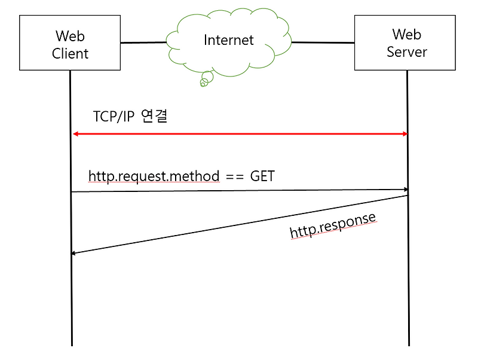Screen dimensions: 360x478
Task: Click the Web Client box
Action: (x=70, y=44)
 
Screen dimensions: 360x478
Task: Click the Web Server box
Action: (x=405, y=43)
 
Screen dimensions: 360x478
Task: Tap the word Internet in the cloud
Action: (x=229, y=40)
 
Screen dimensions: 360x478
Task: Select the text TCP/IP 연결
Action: (x=130, y=115)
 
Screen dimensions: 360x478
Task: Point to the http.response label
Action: (x=333, y=225)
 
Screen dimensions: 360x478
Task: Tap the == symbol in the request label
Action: (x=235, y=176)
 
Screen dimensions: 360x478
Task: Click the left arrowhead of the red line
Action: (x=75, y=134)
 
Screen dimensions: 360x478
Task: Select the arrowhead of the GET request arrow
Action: (x=405, y=190)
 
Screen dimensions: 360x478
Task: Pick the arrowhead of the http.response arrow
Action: (x=73, y=253)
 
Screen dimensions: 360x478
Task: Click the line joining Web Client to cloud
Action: (x=143, y=42)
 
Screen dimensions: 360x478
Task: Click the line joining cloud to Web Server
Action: (x=323, y=42)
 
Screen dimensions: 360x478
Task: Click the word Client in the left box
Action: (x=70, y=53)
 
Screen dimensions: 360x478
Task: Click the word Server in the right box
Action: (x=407, y=51)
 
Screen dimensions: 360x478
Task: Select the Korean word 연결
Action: (x=154, y=115)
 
